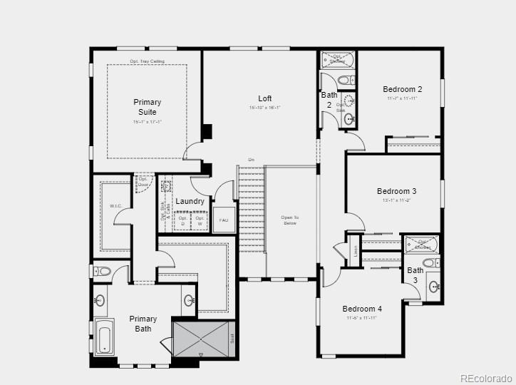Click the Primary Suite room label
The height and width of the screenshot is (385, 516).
click(147, 107)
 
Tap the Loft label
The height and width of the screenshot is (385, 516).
click(265, 98)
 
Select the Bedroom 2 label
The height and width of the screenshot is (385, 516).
click(403, 89)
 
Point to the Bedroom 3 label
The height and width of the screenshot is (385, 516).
click(397, 191)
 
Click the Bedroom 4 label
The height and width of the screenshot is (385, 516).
click(362, 309)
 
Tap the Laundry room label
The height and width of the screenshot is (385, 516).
click(190, 201)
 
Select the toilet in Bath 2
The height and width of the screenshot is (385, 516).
click(344, 81)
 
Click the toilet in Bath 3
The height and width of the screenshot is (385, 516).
click(430, 262)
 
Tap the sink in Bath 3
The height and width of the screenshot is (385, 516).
click(434, 287)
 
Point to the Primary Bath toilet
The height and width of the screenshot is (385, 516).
click(103, 271)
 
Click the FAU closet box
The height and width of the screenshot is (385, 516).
click(224, 220)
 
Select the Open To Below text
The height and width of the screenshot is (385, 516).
click(289, 220)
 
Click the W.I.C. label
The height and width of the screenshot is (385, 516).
click(115, 206)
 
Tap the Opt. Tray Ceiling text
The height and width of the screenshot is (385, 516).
click(148, 61)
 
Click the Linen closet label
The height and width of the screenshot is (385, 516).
click(356, 250)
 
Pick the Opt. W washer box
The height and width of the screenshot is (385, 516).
click(200, 221)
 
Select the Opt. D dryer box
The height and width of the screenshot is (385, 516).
click(182, 221)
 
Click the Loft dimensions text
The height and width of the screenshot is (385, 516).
click(265, 108)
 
